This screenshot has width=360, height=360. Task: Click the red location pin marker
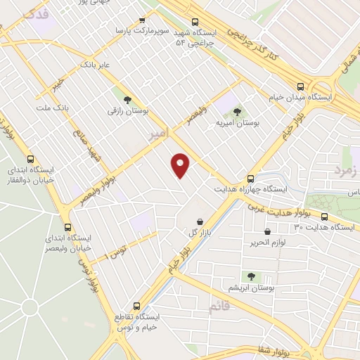181,165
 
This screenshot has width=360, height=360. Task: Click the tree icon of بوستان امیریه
237,110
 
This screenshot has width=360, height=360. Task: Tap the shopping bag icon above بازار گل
200,221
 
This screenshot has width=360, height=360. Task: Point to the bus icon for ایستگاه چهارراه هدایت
251,179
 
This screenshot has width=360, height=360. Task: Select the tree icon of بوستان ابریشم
250,276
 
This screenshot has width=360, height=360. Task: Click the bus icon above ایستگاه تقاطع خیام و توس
137,306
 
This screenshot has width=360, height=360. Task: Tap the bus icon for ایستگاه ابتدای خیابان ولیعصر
68,227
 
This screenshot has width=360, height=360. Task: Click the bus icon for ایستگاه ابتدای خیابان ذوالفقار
30,159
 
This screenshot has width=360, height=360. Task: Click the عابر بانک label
96,64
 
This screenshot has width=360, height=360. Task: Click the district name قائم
219,307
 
